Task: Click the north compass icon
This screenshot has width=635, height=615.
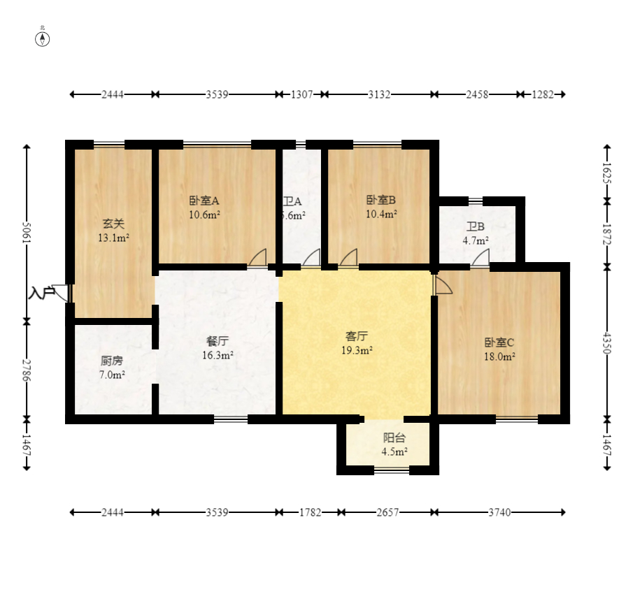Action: [x=43, y=38]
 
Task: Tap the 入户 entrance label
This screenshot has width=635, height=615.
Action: [x=41, y=293]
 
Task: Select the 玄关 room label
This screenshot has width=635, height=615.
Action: [x=113, y=224]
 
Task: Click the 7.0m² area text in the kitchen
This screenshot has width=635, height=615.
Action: [x=112, y=375]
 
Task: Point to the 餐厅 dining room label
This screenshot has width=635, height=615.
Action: [x=217, y=341]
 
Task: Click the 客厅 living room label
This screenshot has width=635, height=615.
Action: [x=356, y=336]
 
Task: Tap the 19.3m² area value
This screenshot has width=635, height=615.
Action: [x=356, y=350]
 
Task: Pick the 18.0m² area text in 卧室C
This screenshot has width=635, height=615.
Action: [x=499, y=356]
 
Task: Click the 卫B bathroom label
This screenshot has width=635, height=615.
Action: [x=476, y=226]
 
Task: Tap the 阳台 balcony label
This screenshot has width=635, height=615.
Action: [x=394, y=438]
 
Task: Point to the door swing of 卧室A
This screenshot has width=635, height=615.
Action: [x=258, y=258]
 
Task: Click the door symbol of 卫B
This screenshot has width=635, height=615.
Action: [x=480, y=258]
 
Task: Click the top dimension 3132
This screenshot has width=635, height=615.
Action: [x=379, y=94]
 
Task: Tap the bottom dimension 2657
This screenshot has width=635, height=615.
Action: [x=387, y=512]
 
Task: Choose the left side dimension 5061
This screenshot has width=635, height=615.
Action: [x=27, y=234]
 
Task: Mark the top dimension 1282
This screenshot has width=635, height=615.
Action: [x=543, y=94]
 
